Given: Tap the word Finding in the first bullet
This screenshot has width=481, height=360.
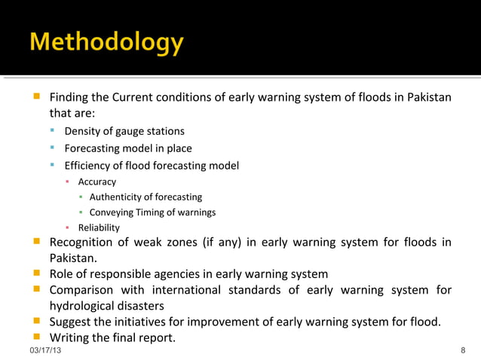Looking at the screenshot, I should pyautogui.click(x=69, y=99).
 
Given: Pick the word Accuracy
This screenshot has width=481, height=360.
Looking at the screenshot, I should pyautogui.click(x=97, y=182).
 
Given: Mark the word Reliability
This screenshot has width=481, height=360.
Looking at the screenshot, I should pyautogui.click(x=99, y=227).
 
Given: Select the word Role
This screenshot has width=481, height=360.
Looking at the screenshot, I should pyautogui.click(x=62, y=274).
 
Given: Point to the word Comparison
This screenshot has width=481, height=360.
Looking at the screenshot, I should pyautogui.click(x=82, y=290).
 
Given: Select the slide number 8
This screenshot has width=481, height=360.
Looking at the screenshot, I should pyautogui.click(x=462, y=352).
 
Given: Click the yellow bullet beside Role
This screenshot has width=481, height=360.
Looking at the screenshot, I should pyautogui.click(x=36, y=274).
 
